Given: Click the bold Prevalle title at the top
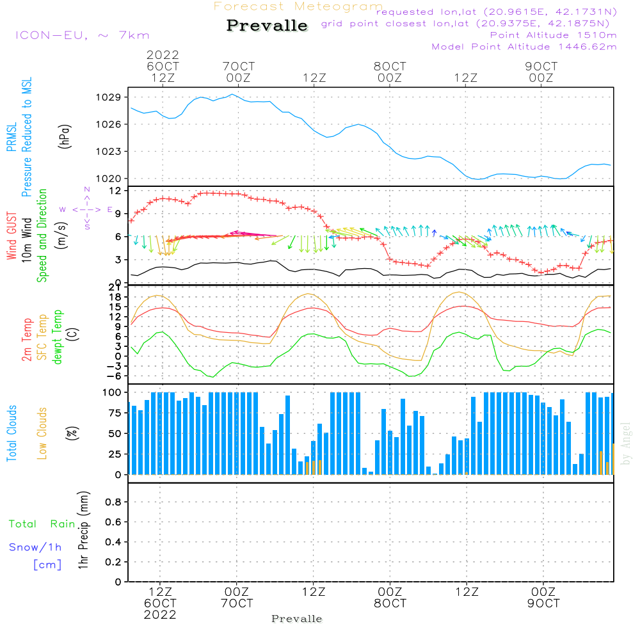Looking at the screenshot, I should click(267, 26).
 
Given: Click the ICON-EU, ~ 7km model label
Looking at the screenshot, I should click(82, 35).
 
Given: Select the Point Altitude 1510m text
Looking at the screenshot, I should click(553, 35).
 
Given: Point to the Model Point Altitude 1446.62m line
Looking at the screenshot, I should click(524, 47).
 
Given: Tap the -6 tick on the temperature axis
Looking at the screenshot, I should click(114, 376).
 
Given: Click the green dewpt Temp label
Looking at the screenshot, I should click(58, 337).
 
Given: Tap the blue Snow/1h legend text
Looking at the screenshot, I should click(36, 547).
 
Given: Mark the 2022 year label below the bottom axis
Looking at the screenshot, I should click(160, 614).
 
